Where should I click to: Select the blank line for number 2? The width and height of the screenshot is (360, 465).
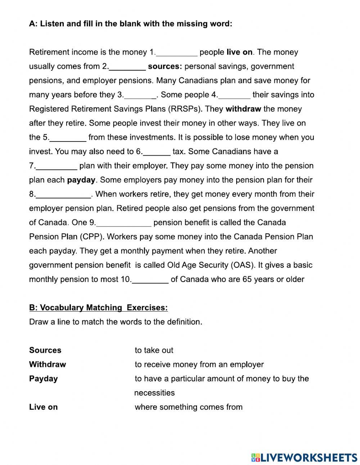127,67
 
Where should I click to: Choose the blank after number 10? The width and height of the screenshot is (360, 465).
150,280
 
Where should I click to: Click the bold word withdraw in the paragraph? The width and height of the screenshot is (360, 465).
243,109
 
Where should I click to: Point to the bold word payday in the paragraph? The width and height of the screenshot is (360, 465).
81,180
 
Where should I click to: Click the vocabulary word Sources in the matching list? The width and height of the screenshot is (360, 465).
45,350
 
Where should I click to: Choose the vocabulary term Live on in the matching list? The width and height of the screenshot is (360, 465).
43,407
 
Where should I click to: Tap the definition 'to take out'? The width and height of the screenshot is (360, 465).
154,350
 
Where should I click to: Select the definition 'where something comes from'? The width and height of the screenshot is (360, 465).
189,407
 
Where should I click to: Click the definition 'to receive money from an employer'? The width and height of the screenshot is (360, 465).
199,365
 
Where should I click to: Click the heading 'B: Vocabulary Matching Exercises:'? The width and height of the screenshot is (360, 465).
98,308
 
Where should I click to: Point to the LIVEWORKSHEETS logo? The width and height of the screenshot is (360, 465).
304,457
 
